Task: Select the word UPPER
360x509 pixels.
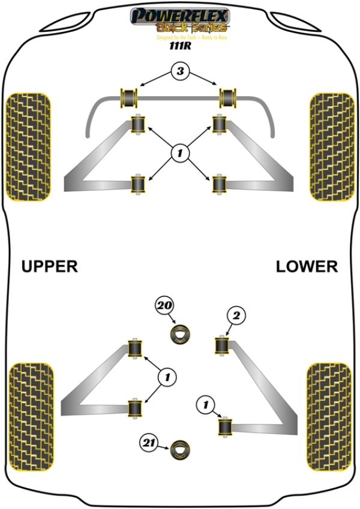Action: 50,266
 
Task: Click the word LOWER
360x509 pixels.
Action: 307,266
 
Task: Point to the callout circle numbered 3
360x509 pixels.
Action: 179,73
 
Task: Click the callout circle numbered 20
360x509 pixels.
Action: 164,306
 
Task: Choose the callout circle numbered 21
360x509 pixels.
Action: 148,444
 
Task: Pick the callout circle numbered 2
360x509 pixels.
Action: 236,315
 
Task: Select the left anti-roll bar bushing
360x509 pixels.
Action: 130,96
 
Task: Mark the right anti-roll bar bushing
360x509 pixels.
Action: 228,96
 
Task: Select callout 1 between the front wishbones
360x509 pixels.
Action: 179,154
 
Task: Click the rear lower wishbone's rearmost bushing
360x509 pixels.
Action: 225,426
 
